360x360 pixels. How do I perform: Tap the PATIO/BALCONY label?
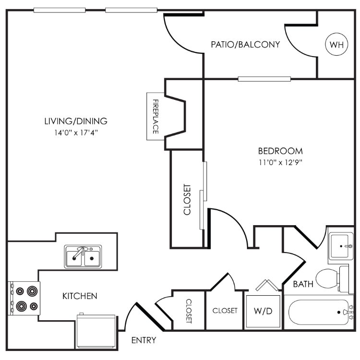245,45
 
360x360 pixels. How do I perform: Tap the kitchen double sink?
83,256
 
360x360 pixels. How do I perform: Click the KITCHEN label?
80,296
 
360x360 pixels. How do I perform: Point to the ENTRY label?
144,341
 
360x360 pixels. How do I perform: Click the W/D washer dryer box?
263,311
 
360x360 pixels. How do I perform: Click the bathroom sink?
341,246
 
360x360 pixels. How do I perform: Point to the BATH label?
303,284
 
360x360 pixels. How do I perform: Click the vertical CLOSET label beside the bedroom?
187,199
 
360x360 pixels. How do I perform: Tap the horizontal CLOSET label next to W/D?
225,311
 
